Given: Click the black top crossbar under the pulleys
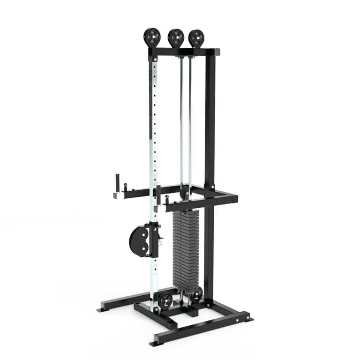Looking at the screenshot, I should (185, 51).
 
